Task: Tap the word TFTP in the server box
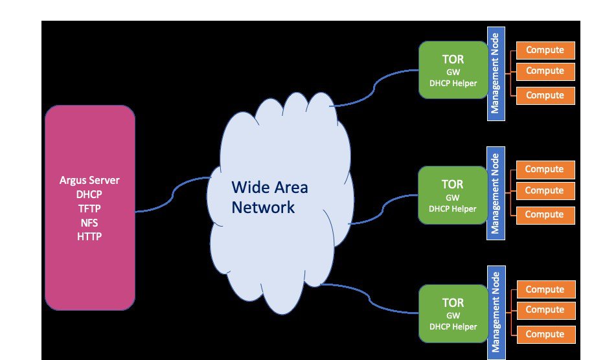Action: point(90,208)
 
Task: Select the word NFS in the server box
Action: point(90,222)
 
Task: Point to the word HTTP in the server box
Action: point(90,236)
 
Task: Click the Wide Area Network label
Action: point(270,197)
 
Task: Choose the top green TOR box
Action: point(453,70)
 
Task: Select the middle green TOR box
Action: point(453,194)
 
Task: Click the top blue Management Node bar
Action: point(495,75)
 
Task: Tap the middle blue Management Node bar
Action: point(495,194)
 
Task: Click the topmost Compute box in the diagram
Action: point(545,50)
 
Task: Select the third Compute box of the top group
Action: point(545,95)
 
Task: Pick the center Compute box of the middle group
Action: point(544,191)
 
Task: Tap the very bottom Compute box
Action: point(545,334)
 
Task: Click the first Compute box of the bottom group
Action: point(545,289)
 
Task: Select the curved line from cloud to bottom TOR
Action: point(369,295)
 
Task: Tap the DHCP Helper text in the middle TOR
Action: point(453,209)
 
